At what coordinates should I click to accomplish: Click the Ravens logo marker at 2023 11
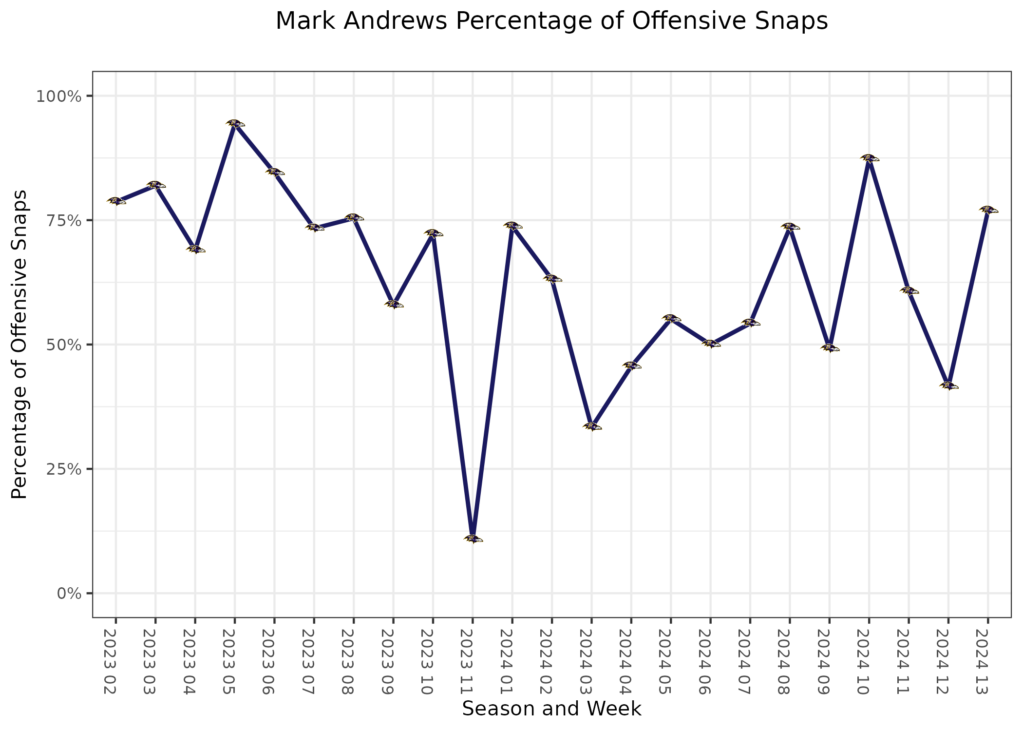[x=473, y=539]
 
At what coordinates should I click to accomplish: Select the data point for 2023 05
[x=235, y=123]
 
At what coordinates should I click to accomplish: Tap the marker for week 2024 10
[x=869, y=158]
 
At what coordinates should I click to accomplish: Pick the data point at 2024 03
[x=591, y=426]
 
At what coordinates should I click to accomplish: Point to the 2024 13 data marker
[x=988, y=210]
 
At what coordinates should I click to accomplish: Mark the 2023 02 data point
[x=116, y=201]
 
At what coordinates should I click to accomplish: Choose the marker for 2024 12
[x=948, y=385]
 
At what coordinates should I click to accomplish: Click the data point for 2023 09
[x=394, y=304]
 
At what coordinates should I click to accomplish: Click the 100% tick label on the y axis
[x=58, y=96]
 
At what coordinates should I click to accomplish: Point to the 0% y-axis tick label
[x=69, y=594]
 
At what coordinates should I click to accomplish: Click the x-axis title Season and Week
[x=551, y=709]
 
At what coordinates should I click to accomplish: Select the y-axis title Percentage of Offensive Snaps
[x=19, y=345]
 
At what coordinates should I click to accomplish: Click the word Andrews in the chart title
[x=396, y=21]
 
